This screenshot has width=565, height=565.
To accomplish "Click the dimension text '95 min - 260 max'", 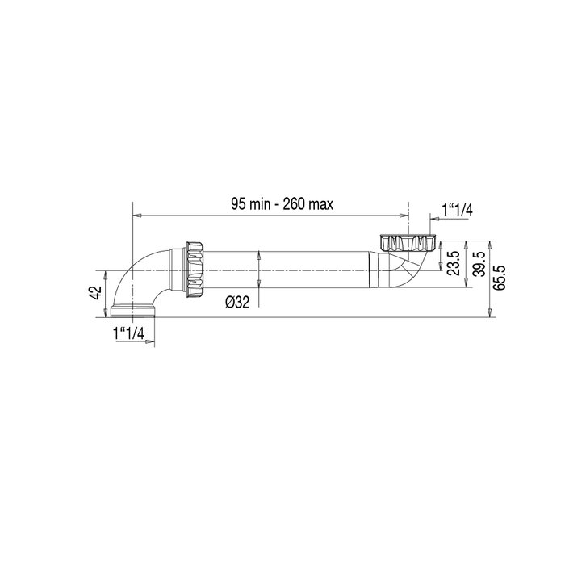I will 282,205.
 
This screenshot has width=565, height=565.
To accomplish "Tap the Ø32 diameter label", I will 237,302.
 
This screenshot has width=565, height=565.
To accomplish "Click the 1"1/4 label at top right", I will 457,210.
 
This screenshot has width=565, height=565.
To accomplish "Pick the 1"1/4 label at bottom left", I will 128,332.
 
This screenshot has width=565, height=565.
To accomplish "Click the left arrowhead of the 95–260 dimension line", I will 137,216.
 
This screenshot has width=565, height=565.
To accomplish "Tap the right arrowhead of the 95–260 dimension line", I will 404,216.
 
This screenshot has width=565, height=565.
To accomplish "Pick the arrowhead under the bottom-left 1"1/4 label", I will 149,343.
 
